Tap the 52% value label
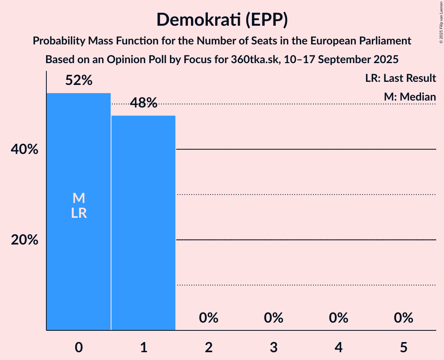(79, 81)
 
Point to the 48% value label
(143, 103)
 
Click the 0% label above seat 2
(209, 318)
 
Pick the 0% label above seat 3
(274, 318)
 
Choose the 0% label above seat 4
(338, 318)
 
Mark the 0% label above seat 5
(403, 318)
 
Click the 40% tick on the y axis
(25, 149)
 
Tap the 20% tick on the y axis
(25, 240)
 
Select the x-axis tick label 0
(79, 337)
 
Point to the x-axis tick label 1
(144, 337)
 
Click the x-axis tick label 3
(274, 337)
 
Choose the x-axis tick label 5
(403, 337)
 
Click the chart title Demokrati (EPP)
(222, 20)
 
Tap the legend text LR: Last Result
(401, 78)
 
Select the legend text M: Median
(410, 97)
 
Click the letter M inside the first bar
(79, 198)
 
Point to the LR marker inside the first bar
(79, 213)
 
